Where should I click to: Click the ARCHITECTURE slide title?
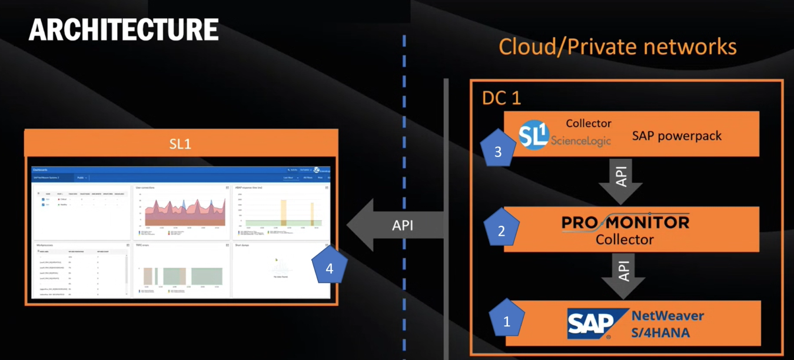[x=124, y=29]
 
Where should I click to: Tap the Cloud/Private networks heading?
[x=617, y=46]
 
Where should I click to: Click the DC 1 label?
[x=501, y=98]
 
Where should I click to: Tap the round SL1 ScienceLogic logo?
[x=534, y=135]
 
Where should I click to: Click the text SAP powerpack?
[x=676, y=136]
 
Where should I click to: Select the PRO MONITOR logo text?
[x=624, y=223]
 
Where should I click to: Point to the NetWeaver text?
[x=667, y=315]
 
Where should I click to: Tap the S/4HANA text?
[x=660, y=332]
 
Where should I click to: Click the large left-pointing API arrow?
[x=394, y=225]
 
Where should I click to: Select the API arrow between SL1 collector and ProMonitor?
[x=620, y=178]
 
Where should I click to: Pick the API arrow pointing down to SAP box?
[x=623, y=274]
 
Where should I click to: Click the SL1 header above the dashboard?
[x=180, y=144]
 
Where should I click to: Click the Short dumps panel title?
[x=242, y=245]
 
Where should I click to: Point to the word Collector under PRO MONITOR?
[x=624, y=239]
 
